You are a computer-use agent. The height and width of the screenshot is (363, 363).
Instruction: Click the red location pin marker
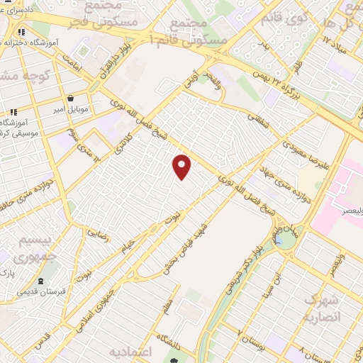click(x=182, y=166)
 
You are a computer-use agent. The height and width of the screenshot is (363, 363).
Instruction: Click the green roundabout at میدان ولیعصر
click(x=286, y=241)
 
